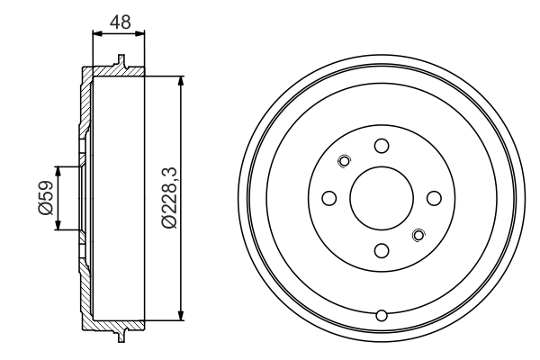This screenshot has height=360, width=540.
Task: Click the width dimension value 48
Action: point(118,20)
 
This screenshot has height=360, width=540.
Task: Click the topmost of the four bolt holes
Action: point(382,146)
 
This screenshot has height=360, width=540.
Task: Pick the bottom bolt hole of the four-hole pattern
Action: point(382,250)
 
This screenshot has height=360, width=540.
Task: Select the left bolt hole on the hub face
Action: point(329,198)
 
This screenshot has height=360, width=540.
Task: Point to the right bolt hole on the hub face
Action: point(434,198)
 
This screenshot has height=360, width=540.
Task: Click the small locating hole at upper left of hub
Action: point(343,161)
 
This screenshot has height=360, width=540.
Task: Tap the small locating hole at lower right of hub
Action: point(418,235)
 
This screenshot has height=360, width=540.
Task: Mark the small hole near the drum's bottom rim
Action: point(382,314)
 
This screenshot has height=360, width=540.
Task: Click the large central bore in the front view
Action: point(382,198)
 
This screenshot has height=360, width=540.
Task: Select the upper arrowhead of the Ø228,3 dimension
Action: point(184,81)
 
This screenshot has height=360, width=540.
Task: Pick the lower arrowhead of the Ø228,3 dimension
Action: point(184,314)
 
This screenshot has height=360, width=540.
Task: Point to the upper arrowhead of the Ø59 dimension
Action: point(60,171)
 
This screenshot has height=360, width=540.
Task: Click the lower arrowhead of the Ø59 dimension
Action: point(60,226)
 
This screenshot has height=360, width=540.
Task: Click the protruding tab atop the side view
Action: point(119,61)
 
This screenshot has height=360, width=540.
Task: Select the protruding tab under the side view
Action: point(119,336)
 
